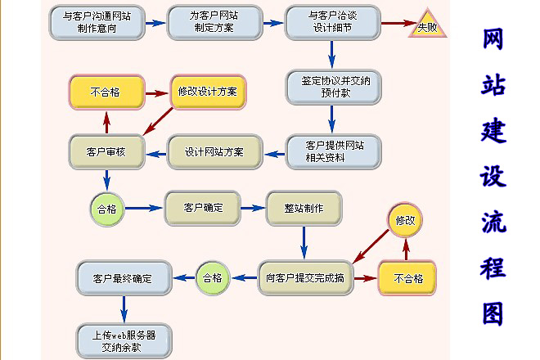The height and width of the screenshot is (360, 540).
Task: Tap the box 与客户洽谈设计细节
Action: (x=333, y=23)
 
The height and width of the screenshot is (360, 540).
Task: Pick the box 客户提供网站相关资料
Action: (x=333, y=151)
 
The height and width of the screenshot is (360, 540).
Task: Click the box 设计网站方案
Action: (x=214, y=151)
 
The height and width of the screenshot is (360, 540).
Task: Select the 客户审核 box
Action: (x=106, y=151)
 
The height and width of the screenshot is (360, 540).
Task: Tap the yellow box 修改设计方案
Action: (x=207, y=92)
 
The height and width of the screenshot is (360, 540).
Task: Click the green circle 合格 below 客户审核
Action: (x=106, y=209)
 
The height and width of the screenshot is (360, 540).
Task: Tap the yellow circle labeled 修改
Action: (x=406, y=221)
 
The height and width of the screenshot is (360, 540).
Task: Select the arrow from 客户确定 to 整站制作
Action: (x=254, y=209)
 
